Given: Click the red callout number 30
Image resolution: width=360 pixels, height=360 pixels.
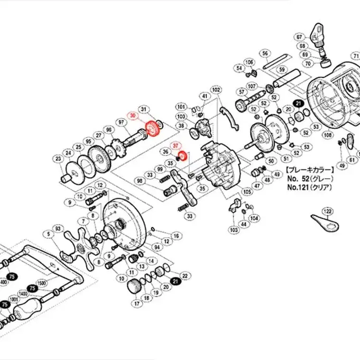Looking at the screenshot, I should click(133, 115).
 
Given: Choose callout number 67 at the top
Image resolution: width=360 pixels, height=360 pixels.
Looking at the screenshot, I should click(299, 37).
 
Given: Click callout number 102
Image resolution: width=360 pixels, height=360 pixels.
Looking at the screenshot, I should click(216, 90).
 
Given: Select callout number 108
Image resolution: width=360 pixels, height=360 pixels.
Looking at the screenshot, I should click(327, 134).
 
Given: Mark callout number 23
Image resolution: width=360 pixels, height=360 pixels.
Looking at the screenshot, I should click(58, 158).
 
